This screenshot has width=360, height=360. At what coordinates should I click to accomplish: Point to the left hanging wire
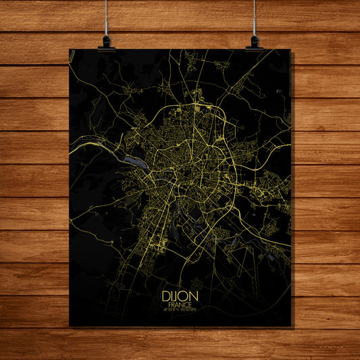(x=106, y=17)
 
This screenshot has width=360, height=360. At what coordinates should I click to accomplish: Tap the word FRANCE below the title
(x=179, y=304)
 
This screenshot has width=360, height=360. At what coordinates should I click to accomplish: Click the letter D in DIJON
(x=166, y=295)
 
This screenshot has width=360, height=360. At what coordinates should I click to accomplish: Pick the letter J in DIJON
(x=176, y=295)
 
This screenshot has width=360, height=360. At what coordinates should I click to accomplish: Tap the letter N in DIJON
(x=193, y=295)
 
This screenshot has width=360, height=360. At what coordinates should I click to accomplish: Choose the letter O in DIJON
(x=184, y=295)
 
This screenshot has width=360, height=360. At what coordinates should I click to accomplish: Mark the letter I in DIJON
(x=172, y=295)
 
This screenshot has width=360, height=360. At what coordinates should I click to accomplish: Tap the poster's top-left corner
(x=70, y=49)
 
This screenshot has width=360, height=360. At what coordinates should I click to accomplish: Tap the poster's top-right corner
(x=290, y=49)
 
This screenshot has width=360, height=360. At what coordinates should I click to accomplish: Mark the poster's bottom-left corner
(x=70, y=326)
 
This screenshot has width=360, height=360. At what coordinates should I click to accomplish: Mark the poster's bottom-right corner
(x=291, y=326)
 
